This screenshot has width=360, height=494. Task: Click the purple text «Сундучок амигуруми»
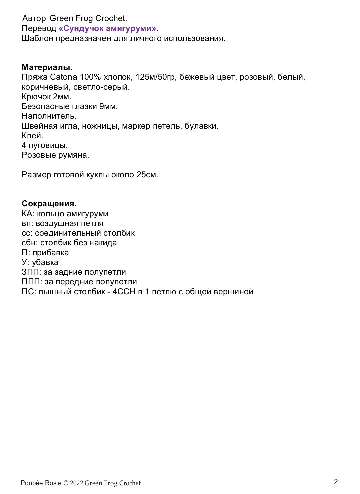point(107,28)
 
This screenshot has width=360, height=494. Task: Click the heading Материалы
point(47,67)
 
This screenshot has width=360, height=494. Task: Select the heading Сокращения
point(49,204)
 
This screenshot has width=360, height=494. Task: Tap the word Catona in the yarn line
point(63,77)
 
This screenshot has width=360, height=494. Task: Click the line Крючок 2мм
point(47,97)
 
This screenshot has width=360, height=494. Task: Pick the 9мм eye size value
point(108,106)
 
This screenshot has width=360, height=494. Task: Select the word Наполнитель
point(49,116)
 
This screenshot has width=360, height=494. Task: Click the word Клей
point(32,136)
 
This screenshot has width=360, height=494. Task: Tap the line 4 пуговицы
point(45,145)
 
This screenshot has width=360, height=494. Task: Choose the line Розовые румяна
point(55,155)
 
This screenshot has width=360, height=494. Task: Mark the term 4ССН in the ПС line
point(124,292)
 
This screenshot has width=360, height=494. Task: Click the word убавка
point(45,262)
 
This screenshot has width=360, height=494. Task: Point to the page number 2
point(336,482)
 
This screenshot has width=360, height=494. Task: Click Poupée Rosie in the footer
point(41,483)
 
